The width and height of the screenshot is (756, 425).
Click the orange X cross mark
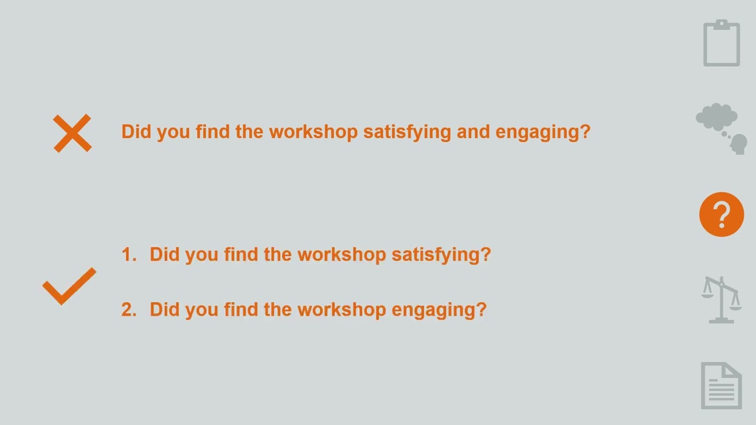click(x=72, y=133)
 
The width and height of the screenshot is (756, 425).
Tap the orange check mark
click(x=69, y=286)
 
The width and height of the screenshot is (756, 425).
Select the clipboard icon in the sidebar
click(x=721, y=43)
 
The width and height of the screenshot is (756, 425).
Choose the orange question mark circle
click(x=721, y=214)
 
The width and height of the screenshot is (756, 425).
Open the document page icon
click(x=721, y=385)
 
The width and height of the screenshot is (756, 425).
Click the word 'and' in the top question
click(x=473, y=132)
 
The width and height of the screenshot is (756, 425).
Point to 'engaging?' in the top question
click(x=543, y=132)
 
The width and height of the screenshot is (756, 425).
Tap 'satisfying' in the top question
click(x=407, y=132)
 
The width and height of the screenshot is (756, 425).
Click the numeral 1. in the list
click(x=128, y=254)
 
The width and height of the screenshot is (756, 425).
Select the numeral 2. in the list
click(x=128, y=310)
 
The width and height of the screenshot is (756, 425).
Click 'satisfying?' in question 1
click(x=441, y=254)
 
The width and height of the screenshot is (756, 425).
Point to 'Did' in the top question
click(x=136, y=132)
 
